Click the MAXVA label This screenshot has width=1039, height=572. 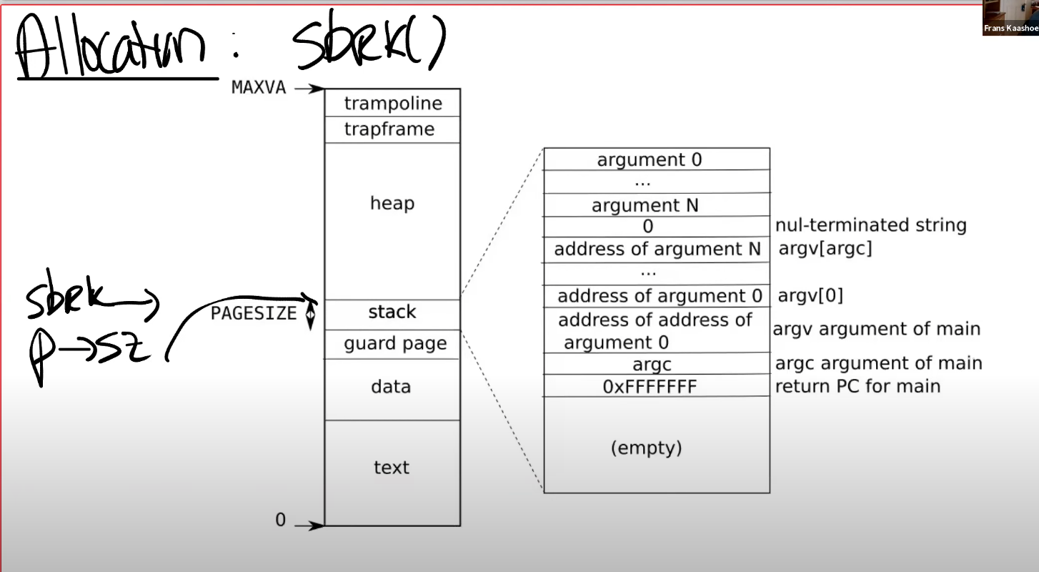(259, 87)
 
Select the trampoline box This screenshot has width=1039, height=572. (392, 103)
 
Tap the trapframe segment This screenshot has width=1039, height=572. (392, 129)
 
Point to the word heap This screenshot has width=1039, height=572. (392, 203)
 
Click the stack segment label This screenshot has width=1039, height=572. (392, 312)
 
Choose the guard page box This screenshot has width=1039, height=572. (392, 344)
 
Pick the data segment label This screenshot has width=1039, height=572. (391, 386)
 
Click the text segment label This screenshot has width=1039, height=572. (392, 467)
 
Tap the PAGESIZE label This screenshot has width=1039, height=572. (253, 313)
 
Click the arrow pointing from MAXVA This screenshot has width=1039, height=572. (309, 88)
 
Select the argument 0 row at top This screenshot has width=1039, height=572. (657, 159)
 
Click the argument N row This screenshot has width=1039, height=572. (657, 204)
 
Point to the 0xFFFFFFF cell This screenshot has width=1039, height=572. (657, 386)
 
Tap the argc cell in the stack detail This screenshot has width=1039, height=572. (657, 364)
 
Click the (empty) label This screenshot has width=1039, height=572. (647, 448)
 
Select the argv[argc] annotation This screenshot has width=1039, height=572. (825, 248)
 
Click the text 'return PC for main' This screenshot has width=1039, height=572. (857, 386)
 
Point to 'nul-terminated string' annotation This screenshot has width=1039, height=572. (870, 225)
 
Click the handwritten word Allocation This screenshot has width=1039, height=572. (111, 46)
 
